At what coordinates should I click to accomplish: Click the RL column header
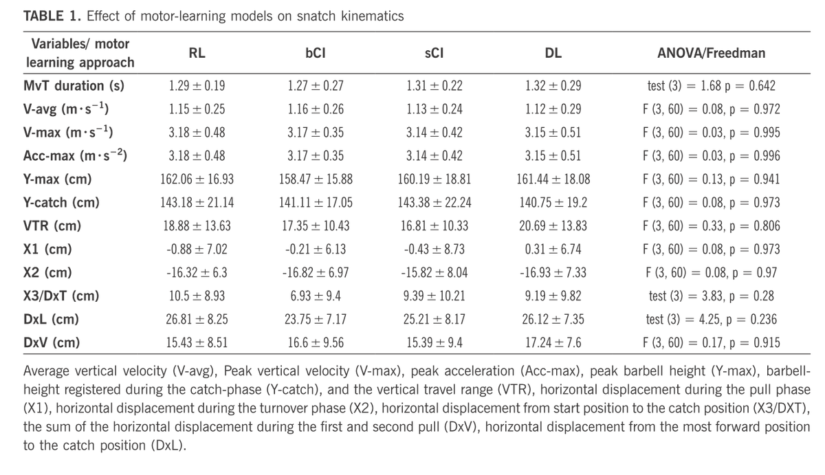pyautogui.click(x=197, y=53)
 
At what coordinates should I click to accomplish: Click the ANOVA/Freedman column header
pyautogui.click(x=711, y=53)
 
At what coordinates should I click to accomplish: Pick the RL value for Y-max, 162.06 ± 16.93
pyautogui.click(x=197, y=179)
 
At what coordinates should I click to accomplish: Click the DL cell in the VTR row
pyautogui.click(x=553, y=226)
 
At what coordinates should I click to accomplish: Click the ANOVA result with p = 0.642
pyautogui.click(x=711, y=86)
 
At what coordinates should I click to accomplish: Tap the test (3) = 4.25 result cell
pyautogui.click(x=711, y=320)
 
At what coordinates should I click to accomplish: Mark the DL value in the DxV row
pyautogui.click(x=553, y=343)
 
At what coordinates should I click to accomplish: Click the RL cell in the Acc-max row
pyautogui.click(x=197, y=156)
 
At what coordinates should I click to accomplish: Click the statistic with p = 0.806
pyautogui.click(x=711, y=226)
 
